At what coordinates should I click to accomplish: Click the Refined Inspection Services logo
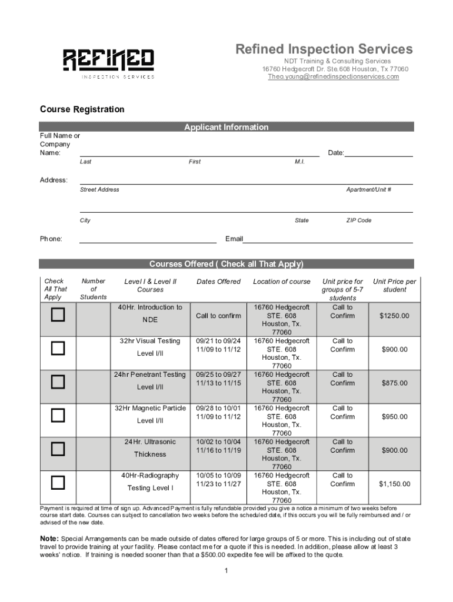pos(109,62)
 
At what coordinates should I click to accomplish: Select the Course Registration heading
pos(82,109)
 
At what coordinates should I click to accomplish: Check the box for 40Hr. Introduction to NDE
pos(57,316)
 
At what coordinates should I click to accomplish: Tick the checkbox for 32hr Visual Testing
pos(57,349)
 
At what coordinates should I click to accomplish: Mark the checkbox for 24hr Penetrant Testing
pos(57,383)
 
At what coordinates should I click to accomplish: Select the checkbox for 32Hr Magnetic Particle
pos(57,416)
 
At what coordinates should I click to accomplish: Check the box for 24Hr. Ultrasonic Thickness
pos(57,450)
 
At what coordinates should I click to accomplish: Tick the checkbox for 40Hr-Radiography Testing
pos(57,483)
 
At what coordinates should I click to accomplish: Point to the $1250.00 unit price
pos(394,316)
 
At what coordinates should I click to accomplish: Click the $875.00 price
pos(394,383)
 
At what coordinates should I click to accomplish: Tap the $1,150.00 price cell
pos(394,484)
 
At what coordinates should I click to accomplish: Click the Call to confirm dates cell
pos(218,316)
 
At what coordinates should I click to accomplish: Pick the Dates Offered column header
pos(218,282)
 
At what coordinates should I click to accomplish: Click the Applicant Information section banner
pos(226,127)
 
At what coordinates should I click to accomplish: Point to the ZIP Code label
pos(358,220)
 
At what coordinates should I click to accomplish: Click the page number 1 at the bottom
pos(226,571)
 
